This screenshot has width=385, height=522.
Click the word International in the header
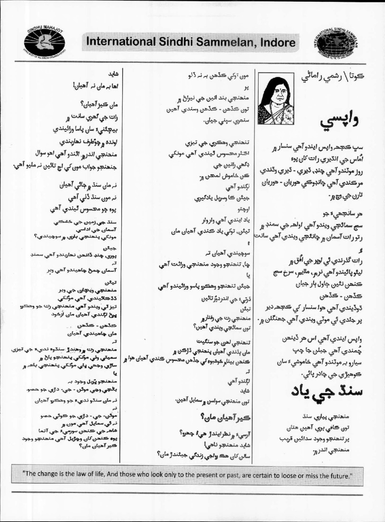(x=117, y=43)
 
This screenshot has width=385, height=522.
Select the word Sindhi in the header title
(x=172, y=43)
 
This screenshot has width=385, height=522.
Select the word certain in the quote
(x=280, y=476)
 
